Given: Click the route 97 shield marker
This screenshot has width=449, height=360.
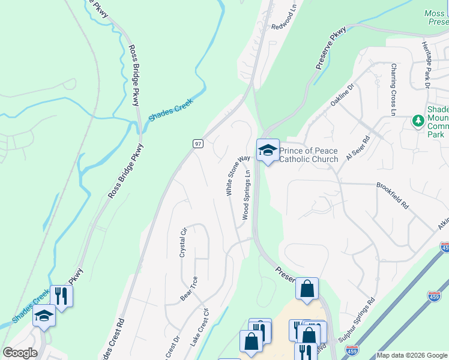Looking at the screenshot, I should tap(198, 143).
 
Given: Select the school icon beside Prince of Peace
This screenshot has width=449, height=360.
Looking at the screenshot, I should tap(267, 151).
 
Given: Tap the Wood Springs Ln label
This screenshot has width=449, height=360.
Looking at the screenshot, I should tap(246, 195).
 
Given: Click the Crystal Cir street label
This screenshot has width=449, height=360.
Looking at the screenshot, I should tap(184, 242).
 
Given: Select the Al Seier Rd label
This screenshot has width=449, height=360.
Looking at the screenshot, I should tap(358, 150).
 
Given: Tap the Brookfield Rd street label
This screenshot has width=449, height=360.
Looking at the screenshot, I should tap(393, 196).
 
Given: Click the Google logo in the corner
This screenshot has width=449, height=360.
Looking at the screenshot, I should tap(20, 353).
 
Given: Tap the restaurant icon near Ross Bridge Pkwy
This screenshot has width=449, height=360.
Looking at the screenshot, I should tap(61, 296).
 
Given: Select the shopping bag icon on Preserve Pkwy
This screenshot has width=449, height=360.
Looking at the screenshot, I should tap(307, 289).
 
